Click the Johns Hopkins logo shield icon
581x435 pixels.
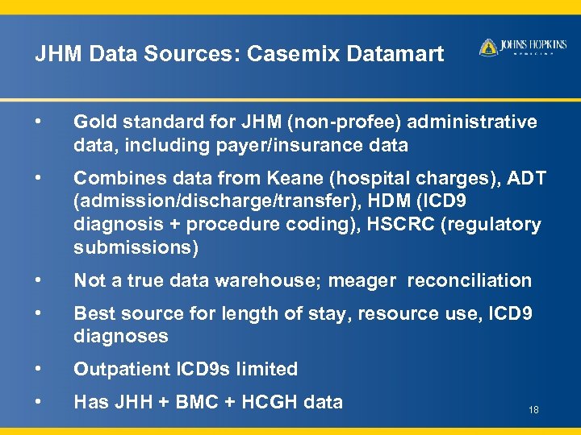(x=487, y=48)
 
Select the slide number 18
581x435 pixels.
(x=533, y=411)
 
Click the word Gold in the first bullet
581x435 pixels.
(x=93, y=122)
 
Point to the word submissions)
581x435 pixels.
(x=135, y=248)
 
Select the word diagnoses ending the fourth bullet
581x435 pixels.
(x=120, y=336)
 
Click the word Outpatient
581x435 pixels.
(x=120, y=370)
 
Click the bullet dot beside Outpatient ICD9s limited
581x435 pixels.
(x=39, y=368)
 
